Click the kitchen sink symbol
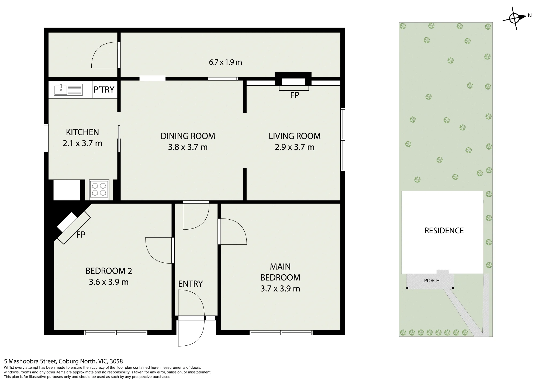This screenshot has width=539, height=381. click(68, 89)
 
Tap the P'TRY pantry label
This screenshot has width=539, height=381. click(104, 89)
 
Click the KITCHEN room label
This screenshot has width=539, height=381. click(82, 132)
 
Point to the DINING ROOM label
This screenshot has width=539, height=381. click(188, 136)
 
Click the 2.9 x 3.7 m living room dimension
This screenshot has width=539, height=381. click(295, 147)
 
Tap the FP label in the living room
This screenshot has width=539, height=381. click(295, 95)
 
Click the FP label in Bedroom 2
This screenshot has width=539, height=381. click(81, 235)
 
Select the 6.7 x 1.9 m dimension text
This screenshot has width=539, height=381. click(226, 62)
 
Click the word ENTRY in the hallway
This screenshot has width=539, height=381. click(191, 284)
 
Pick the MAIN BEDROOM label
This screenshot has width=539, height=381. click(280, 272)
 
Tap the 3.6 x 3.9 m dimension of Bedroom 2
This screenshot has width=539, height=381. click(109, 282)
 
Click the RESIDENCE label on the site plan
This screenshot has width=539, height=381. click(444, 231)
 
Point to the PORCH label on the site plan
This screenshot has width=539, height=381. click(432, 280)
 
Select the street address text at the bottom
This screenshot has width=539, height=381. click(63, 361)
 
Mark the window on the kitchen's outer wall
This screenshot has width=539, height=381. click(46, 138)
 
